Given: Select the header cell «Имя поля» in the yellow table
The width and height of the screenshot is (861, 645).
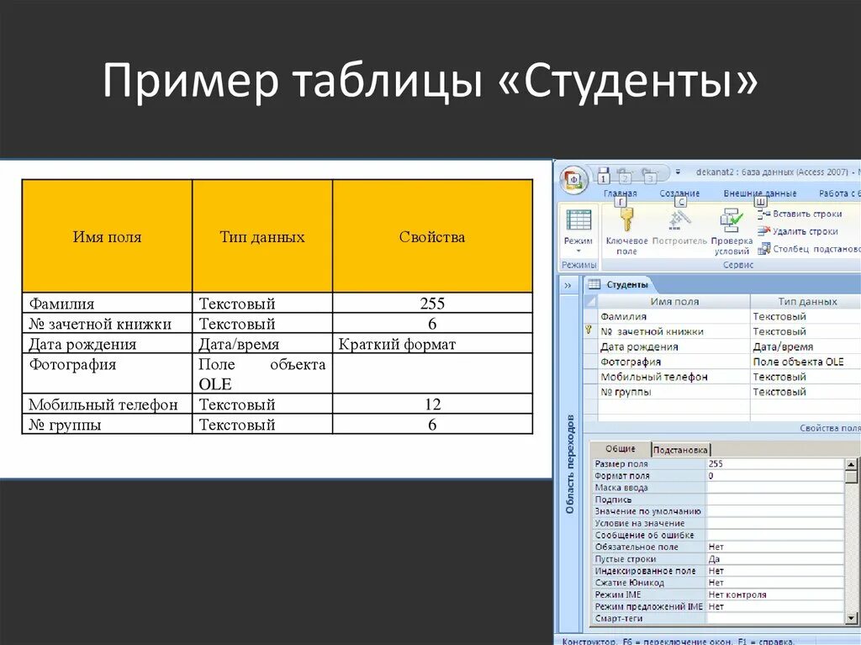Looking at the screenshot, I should click(107, 237).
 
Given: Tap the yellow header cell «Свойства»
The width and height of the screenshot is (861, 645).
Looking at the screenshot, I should click(432, 237).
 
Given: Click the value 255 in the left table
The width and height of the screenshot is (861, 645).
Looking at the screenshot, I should click(432, 304).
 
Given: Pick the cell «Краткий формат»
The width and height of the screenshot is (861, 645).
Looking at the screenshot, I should click(397, 344).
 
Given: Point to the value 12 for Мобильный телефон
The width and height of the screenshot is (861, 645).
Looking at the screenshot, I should click(432, 404).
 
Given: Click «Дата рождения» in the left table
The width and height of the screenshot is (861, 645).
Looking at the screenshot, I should click(82, 344).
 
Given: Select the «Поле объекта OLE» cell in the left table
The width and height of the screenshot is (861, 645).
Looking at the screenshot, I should click(261, 373).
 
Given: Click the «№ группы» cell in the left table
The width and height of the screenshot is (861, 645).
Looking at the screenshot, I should click(65, 425).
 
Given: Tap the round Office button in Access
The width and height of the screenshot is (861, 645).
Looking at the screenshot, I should click(574, 179).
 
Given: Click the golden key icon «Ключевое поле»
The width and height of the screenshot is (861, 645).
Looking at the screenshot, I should click(625, 220).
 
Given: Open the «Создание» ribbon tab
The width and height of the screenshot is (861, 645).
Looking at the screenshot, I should click(679, 193).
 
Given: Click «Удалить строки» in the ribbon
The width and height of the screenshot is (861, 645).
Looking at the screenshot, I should click(805, 231).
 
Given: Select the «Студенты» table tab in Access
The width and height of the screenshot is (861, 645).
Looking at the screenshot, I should click(626, 284).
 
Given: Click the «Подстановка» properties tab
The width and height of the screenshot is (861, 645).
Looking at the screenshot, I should click(681, 449).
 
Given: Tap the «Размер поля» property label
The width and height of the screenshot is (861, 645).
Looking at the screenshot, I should click(621, 463).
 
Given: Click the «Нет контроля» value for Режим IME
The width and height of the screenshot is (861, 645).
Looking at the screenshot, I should click(737, 595).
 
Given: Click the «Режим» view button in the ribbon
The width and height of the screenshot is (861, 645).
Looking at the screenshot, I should click(578, 227).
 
